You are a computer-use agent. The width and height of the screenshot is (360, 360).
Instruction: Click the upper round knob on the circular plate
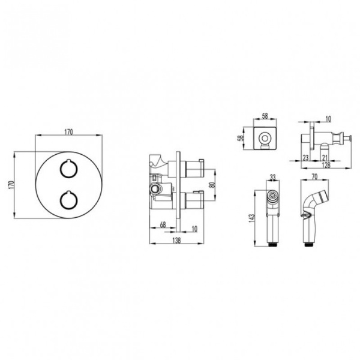[68, 169]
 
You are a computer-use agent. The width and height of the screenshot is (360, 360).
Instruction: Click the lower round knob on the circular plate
[68, 200]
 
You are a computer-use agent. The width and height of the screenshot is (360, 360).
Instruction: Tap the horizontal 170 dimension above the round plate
[68, 132]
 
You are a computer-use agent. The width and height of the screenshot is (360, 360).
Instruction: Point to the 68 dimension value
[163, 224]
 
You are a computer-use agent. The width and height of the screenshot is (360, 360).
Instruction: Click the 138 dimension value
[176, 240]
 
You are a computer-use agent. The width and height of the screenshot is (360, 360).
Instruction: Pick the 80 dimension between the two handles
[212, 185]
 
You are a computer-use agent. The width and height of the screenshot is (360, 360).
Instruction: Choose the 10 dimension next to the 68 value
[194, 229]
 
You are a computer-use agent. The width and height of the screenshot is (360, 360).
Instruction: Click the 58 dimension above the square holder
[265, 116]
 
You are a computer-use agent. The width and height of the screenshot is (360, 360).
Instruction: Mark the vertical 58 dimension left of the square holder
[241, 138]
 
